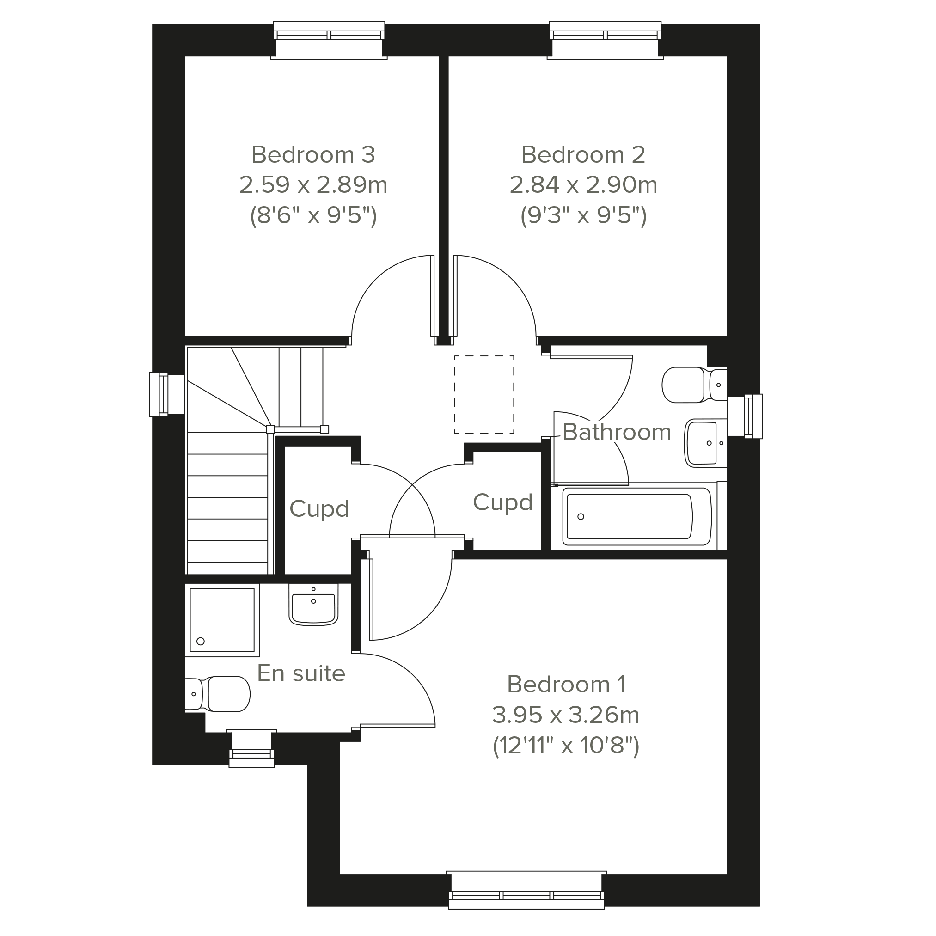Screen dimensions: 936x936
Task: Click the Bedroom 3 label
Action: tap(313, 154)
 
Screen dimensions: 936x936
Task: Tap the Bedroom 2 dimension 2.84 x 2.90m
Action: tap(583, 184)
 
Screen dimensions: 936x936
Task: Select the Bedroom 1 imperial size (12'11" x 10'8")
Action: tap(566, 745)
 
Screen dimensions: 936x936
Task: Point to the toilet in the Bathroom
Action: tap(694, 385)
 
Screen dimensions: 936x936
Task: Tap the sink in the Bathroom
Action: tap(705, 443)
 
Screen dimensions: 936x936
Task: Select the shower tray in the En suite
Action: tap(222, 620)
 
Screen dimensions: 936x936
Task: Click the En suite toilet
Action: tap(218, 694)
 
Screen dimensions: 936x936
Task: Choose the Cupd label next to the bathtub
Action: tap(503, 502)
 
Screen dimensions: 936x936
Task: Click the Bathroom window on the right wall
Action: tap(745, 416)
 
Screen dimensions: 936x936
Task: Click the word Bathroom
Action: tap(617, 432)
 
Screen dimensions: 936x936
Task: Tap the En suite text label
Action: tap(301, 673)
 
